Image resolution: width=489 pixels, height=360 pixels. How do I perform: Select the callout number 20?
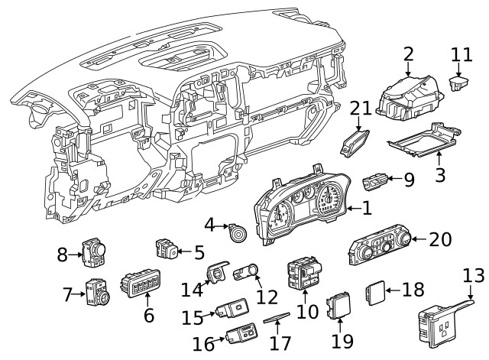click(441, 239)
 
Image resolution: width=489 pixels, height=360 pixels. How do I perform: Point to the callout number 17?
click(280, 343)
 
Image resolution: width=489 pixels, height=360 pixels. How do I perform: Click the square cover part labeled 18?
click(373, 290)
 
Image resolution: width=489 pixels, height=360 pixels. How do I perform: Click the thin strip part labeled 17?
click(280, 319)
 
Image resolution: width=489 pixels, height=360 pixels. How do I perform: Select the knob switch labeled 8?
click(96, 254)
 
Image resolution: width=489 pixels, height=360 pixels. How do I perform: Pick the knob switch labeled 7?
click(97, 293)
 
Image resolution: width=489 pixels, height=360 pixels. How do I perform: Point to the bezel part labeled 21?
click(356, 141)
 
